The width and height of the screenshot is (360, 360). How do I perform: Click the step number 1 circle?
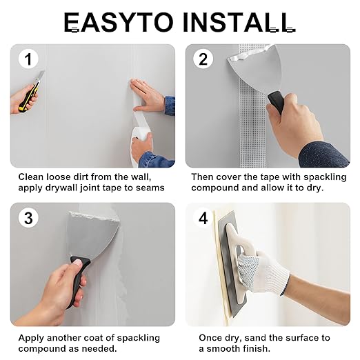(x=28, y=59)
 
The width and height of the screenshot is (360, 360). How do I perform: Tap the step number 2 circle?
(x=203, y=59)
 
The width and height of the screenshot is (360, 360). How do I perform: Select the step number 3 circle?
(x=28, y=218)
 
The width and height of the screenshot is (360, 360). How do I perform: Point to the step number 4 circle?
(x=203, y=218)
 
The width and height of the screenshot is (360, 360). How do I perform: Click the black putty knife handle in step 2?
(x=276, y=102)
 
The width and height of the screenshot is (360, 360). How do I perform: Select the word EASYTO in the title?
(x=118, y=22)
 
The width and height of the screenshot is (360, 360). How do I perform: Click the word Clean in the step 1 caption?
(x=31, y=177)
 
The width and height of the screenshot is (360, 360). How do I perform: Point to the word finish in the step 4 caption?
(x=257, y=349)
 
